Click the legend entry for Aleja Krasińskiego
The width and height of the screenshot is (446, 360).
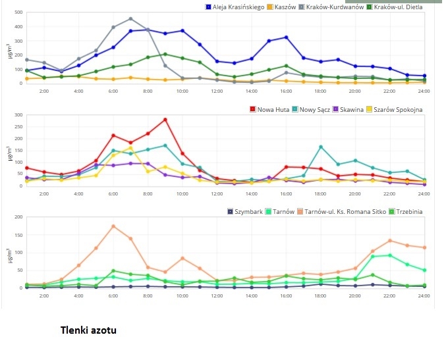[x=235, y=7]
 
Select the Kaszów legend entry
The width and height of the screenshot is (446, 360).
[x=281, y=7]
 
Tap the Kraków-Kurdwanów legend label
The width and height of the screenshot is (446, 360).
[x=331, y=7]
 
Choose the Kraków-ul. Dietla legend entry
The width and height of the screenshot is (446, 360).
[x=395, y=7]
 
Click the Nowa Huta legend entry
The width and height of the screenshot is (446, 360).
[x=269, y=110]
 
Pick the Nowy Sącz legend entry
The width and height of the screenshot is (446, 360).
[x=311, y=110]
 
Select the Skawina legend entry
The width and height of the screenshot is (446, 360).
[x=348, y=110]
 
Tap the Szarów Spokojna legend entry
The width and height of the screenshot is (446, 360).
[x=394, y=110]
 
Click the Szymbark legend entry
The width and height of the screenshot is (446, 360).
[x=245, y=212]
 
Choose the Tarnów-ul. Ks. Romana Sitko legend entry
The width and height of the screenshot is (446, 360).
[x=342, y=212]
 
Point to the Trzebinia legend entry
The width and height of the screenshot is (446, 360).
[x=406, y=212]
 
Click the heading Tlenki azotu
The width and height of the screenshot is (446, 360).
[x=88, y=330]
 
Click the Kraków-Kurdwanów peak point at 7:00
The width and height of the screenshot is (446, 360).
[x=130, y=19]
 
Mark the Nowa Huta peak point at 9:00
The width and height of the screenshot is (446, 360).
[x=165, y=120]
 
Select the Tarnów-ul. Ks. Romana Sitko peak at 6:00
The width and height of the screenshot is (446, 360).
[x=113, y=226]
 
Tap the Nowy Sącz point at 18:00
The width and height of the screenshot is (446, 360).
[x=321, y=147]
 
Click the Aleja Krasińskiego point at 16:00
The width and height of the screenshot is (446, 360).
[x=287, y=38]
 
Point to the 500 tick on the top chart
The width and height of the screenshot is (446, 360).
[x=18, y=13]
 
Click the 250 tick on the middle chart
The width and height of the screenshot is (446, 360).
[x=18, y=127]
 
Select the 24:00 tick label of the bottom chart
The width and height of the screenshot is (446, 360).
[x=424, y=296]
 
